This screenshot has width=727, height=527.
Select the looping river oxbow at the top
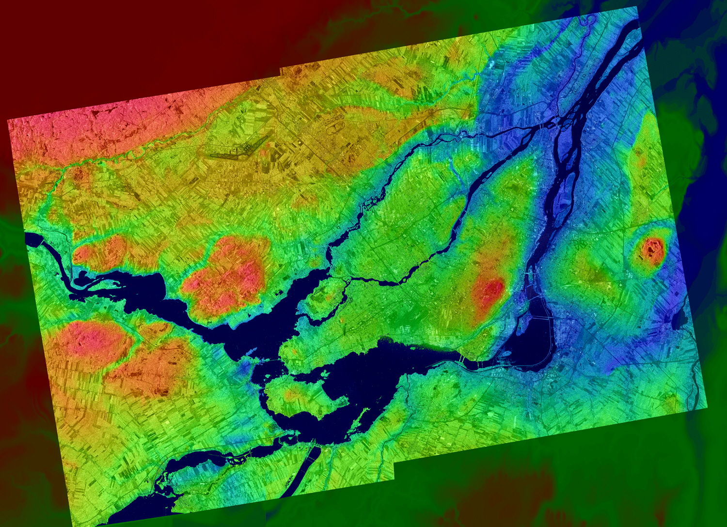pos(591,19)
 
